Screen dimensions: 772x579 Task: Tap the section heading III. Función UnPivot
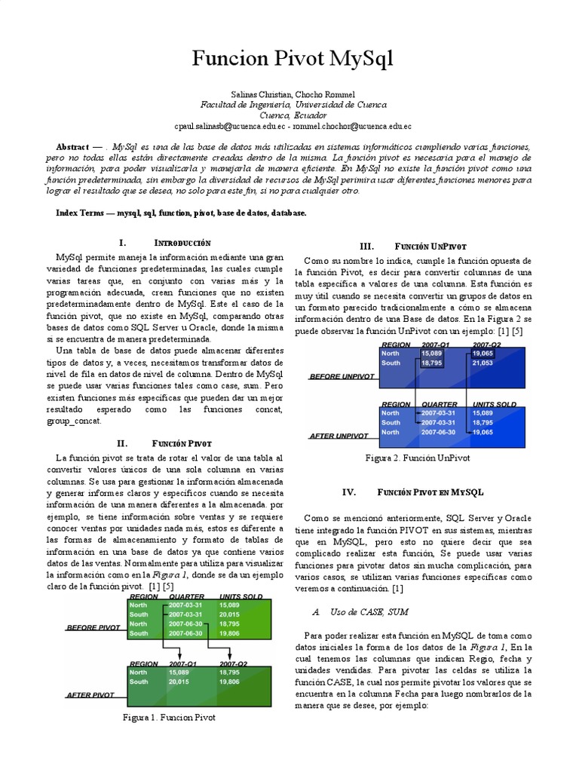point(413,247)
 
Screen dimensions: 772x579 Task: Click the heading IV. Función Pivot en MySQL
point(412,492)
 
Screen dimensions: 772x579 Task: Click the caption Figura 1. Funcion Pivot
point(169,717)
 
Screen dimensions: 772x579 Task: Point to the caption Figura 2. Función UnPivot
point(418,458)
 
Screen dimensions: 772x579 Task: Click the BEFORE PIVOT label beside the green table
point(93,626)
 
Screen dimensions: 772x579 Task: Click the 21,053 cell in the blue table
point(482,363)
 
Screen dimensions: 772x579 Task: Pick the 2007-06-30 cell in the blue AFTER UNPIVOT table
point(437,433)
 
